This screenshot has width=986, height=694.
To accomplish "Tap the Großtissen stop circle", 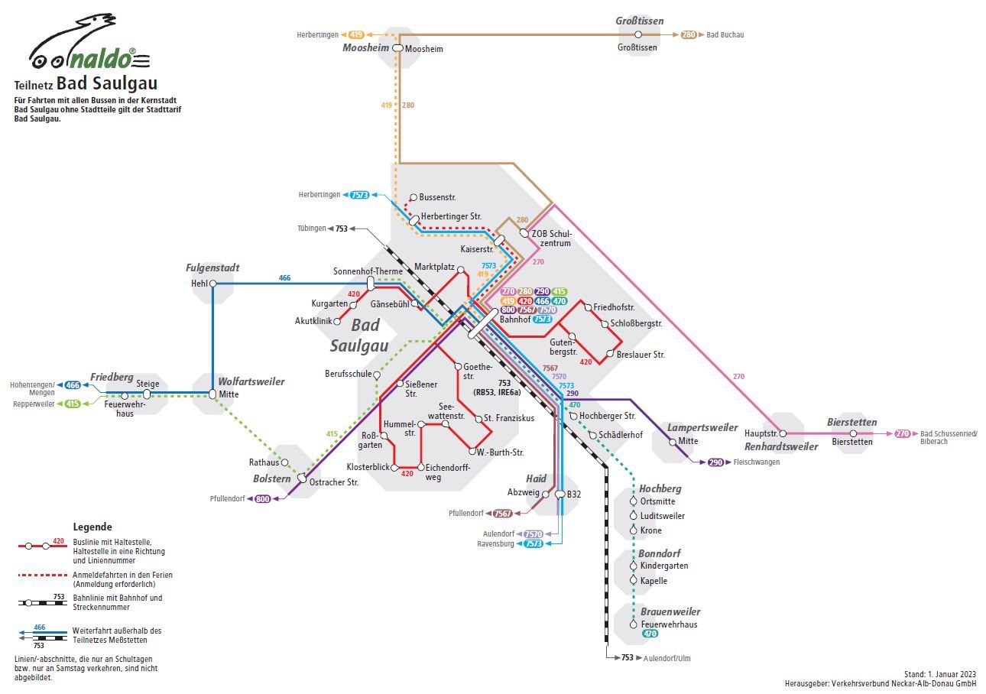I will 637,34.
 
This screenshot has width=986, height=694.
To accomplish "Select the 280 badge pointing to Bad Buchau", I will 689,34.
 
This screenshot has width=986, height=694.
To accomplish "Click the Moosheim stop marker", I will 397,48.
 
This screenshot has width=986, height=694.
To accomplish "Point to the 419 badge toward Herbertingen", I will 356,34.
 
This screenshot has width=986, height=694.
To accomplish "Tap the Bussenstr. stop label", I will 437,197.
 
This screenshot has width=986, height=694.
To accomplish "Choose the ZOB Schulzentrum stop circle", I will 524,233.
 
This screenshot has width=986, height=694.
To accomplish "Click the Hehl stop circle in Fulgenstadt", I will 213,284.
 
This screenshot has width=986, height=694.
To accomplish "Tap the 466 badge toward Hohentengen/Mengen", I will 73,385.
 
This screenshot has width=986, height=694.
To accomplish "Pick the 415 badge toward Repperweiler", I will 73,404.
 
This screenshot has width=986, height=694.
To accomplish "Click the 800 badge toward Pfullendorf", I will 263,498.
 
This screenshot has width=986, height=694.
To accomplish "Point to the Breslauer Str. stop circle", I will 610,354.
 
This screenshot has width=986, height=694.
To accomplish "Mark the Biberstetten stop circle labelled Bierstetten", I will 853,433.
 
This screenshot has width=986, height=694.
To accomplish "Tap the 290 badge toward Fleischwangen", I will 715,462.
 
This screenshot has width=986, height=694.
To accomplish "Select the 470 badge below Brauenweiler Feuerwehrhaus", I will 650,634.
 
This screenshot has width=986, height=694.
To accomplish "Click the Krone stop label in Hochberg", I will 651,530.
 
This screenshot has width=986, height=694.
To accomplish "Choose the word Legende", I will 92,527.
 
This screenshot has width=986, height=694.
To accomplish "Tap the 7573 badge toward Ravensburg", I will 534,543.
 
